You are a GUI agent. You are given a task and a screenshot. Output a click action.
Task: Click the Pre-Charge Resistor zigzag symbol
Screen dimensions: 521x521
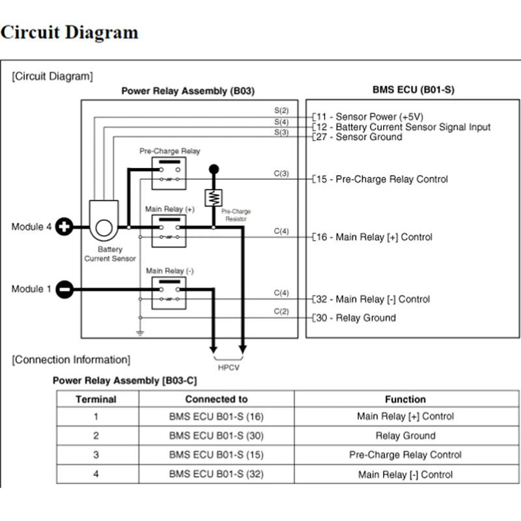213,197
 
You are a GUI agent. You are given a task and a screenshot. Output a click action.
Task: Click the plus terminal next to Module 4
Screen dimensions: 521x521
64,227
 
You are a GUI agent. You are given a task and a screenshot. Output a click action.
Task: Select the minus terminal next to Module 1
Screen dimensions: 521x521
64,289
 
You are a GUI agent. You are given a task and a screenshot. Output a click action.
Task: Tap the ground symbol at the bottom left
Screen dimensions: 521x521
139,333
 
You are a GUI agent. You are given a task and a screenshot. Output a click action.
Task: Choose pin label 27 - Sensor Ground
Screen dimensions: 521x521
359,137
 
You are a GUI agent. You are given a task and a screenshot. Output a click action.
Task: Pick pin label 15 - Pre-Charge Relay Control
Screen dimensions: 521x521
382,179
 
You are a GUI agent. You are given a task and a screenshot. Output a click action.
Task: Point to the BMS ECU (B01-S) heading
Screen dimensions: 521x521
413,89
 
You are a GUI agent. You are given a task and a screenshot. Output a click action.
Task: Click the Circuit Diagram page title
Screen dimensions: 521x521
70,32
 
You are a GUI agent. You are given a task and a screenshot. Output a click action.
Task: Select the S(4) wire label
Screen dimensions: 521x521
281,122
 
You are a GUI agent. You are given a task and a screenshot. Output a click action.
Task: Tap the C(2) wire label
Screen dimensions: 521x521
281,311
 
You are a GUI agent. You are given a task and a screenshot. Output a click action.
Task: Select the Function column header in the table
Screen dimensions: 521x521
405,399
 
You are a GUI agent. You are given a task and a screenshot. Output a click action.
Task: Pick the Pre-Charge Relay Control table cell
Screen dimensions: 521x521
405,455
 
